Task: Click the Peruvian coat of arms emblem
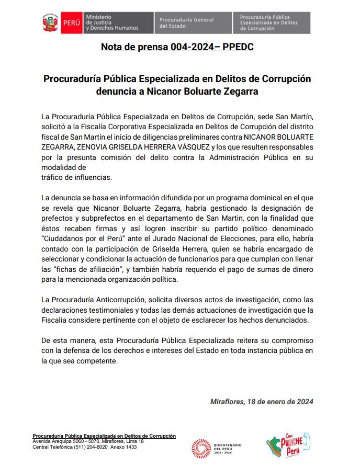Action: click(50, 23)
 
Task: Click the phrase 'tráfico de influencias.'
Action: click(76, 177)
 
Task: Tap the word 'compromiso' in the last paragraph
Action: click(290, 340)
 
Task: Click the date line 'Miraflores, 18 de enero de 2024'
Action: click(262, 402)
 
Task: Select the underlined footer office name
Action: click(104, 436)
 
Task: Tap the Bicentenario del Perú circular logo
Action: click(201, 448)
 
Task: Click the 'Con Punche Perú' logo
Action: click(288, 446)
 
